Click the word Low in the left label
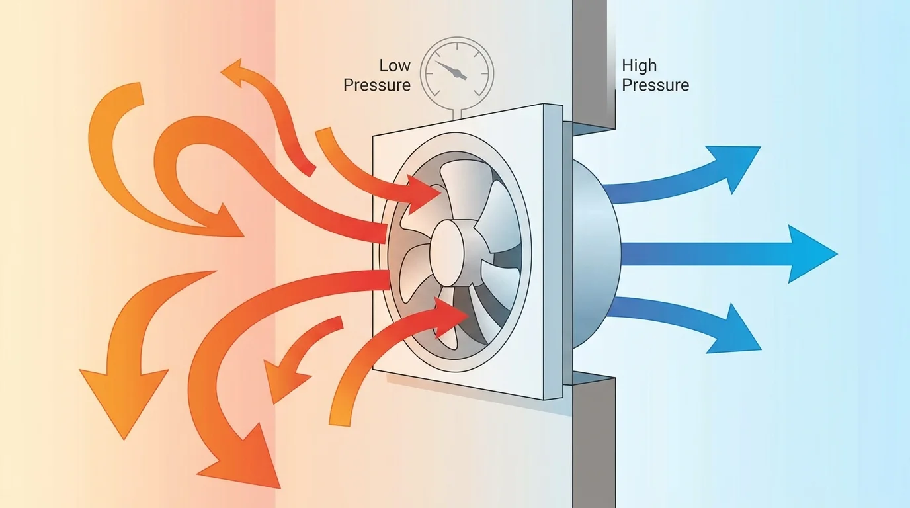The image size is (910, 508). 395,65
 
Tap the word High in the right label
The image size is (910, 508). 640,65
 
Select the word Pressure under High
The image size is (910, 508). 655,85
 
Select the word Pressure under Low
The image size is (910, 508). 377,85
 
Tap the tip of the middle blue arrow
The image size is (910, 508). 835,253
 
